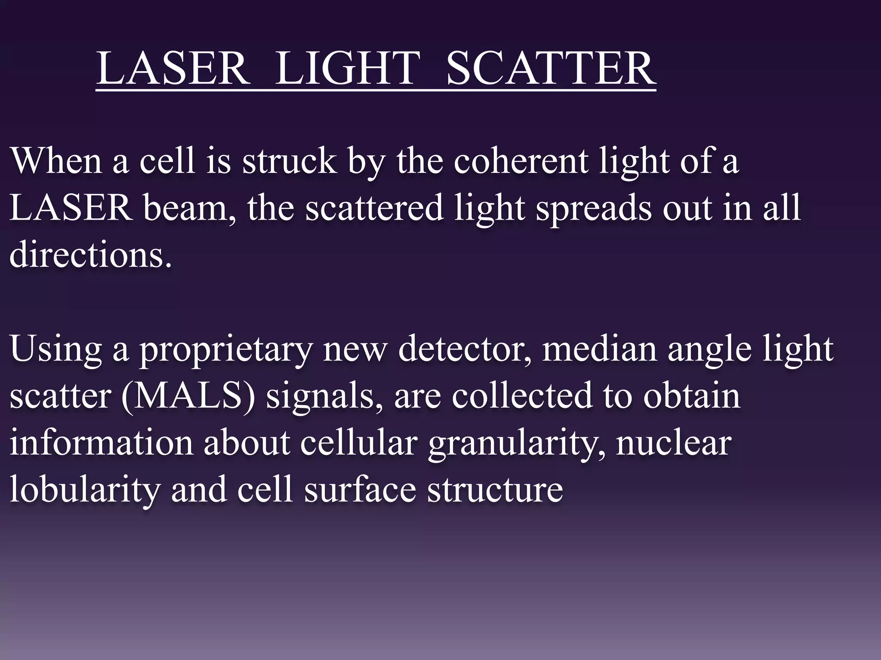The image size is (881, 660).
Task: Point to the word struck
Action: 289,160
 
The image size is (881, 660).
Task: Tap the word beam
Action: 189,208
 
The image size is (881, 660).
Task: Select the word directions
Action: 90,254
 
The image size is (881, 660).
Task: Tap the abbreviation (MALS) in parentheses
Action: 188,396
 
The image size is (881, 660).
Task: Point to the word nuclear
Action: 674,443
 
